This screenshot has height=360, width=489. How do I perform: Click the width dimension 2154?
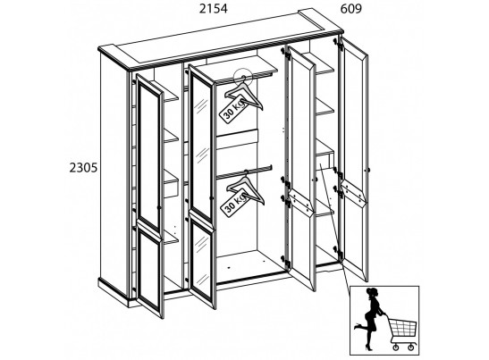[214, 9]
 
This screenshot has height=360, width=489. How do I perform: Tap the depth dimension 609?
[350, 9]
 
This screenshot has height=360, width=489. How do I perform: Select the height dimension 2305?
[83, 168]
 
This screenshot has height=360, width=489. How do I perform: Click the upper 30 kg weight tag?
[233, 107]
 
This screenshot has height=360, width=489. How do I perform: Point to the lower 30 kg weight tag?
[234, 202]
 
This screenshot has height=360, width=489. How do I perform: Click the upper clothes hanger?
[244, 94]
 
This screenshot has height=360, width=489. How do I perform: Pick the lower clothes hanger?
[246, 188]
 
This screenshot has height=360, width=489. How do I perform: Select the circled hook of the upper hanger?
[242, 76]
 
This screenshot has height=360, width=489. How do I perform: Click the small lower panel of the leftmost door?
[149, 271]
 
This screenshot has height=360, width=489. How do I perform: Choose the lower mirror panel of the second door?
[202, 262]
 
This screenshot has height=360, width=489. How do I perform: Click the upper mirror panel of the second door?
[202, 147]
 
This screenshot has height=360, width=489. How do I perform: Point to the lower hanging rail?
[244, 172]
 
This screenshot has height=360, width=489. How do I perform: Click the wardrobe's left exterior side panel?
[114, 174]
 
